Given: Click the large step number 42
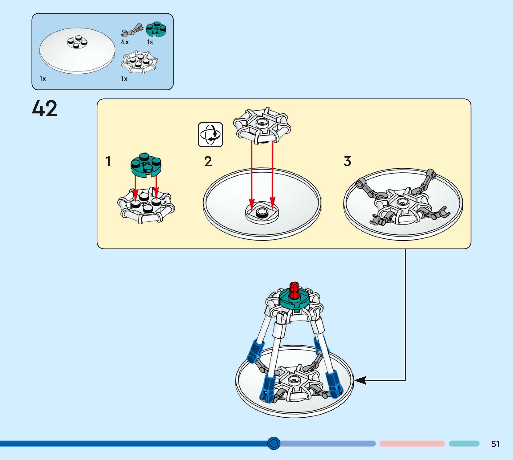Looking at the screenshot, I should tap(45, 108).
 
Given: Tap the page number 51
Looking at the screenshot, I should tap(495, 444).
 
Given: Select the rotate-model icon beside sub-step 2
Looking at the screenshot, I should tap(210, 134).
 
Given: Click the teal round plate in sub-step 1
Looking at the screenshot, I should tap(146, 166).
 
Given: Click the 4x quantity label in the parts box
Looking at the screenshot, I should tap(125, 42).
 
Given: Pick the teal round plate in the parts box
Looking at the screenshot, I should tap(156, 29).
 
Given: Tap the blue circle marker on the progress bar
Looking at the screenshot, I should tap(274, 443).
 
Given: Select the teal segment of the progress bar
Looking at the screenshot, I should tap(464, 444).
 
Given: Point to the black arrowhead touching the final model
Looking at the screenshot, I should tap(360, 380).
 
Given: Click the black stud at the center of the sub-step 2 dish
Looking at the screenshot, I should tap(262, 213).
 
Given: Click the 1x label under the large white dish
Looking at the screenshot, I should tap(43, 79).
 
